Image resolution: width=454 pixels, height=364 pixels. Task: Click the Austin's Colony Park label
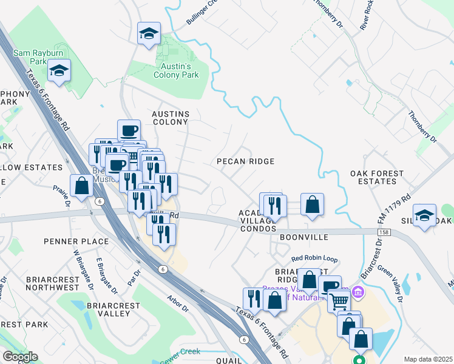176,70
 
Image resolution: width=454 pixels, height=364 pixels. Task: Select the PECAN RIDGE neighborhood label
246,161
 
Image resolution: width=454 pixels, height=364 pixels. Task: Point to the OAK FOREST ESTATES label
377,177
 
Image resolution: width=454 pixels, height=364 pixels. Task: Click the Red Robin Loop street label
314,258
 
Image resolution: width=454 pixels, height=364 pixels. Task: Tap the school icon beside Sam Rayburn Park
59,72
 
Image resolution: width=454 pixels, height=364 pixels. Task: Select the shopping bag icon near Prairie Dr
81,186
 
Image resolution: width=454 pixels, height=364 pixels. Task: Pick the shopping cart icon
339,299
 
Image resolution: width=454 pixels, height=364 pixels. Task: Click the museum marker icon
358,294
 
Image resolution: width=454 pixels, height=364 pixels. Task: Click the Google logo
20,357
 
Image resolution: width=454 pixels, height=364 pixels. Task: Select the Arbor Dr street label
178,303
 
